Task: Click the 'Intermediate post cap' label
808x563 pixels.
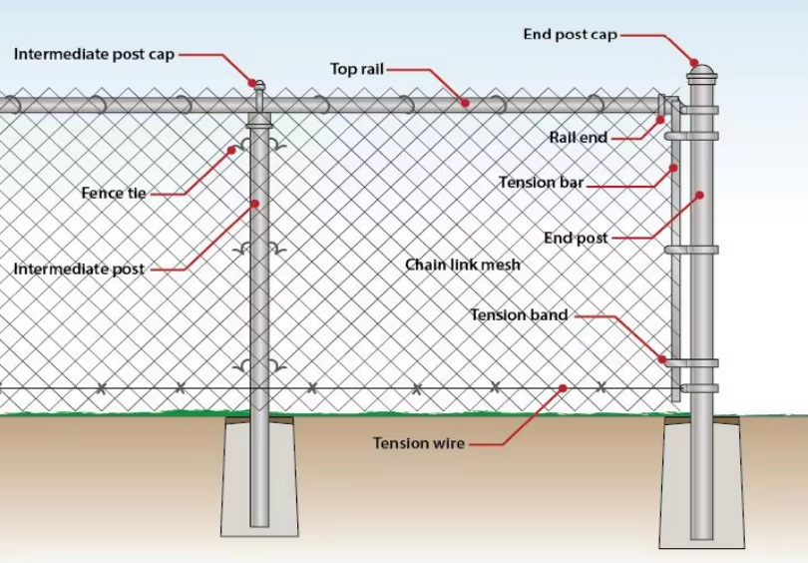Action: (x=94, y=54)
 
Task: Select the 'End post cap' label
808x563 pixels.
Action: (x=570, y=35)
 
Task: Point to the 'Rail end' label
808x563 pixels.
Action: (x=578, y=138)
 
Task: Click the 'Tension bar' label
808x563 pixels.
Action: (x=541, y=183)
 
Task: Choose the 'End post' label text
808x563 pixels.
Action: (x=576, y=239)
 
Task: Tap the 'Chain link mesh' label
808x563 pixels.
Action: (x=462, y=265)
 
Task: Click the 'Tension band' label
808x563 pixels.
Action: (x=519, y=315)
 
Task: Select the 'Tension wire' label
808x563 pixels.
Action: (x=419, y=443)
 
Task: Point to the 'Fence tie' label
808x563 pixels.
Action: (x=114, y=193)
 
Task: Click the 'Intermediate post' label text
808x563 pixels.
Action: (x=79, y=270)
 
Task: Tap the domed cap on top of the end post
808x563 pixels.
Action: (x=701, y=72)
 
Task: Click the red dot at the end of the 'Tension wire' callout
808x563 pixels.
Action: (x=564, y=388)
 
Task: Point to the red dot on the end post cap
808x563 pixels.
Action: (x=696, y=62)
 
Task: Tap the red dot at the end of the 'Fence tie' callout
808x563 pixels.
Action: (x=231, y=151)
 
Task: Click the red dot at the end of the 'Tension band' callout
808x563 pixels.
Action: (x=660, y=357)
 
